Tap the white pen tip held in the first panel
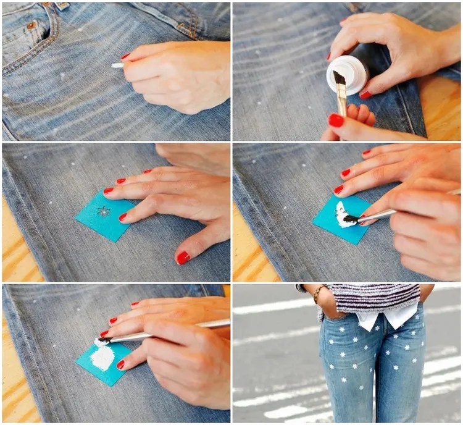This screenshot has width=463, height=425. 116,65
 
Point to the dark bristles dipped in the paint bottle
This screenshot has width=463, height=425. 339,78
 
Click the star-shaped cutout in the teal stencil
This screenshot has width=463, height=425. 104,211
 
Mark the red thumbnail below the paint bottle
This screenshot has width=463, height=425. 336,120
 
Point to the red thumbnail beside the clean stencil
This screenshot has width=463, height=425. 183,257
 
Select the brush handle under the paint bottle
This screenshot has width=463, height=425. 342,102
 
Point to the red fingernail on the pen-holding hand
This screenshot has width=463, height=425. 125,56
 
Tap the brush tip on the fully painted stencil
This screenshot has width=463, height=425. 100,342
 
